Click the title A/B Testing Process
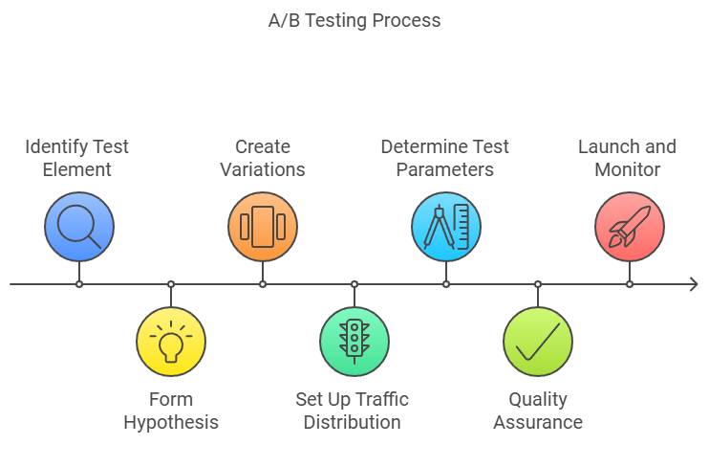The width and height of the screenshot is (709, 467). coord(354,21)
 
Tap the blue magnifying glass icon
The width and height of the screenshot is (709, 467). coord(79,227)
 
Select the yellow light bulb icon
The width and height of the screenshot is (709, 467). coord(171,342)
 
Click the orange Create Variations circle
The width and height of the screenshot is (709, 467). coord(263,227)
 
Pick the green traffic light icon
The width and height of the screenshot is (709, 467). coord(354,342)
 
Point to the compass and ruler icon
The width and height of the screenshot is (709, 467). coord(446,227)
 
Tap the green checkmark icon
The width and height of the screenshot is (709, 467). coord(538,342)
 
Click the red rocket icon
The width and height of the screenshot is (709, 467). coord(630,227)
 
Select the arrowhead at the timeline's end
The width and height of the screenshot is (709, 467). coord(694,284)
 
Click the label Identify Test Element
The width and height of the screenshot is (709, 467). coord(76,158)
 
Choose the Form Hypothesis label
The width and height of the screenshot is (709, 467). coord(171,411)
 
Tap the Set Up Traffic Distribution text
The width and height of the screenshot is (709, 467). coord(353,411)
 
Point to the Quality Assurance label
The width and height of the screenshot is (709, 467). coord(538,411)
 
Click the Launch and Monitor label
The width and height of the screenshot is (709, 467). coord(627,158)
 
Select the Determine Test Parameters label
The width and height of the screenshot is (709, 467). coord(445,158)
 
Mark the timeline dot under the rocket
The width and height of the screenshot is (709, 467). coord(630,284)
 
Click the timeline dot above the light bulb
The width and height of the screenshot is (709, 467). coord(171,284)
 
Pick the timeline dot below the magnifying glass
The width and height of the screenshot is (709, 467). coord(79,284)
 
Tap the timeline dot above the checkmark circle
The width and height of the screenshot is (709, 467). coord(538,284)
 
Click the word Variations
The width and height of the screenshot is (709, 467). coord(263,169)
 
